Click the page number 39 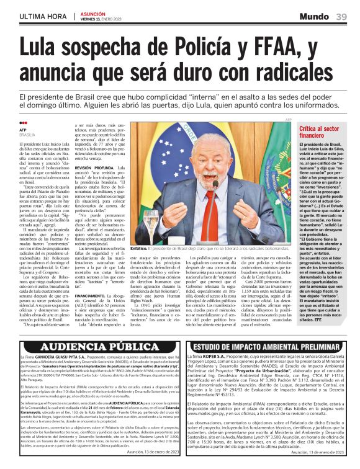(x=341, y=16)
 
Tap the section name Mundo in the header (x=315, y=16)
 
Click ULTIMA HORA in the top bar (x=38, y=16)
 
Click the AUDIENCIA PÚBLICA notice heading (x=90, y=346)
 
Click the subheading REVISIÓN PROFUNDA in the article (x=94, y=185)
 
